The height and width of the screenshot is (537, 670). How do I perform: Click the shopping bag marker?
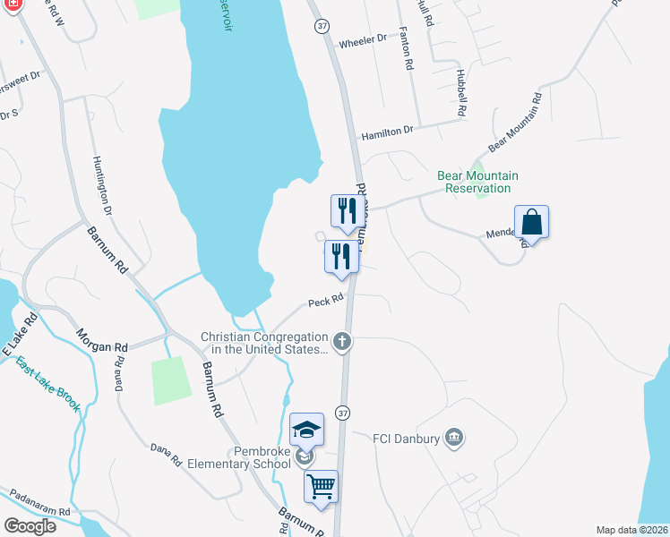[x=531, y=223]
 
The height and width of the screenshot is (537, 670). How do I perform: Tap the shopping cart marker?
[x=321, y=488]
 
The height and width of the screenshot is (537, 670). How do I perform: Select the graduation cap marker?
[x=306, y=430]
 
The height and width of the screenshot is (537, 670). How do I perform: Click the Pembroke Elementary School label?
[x=237, y=457]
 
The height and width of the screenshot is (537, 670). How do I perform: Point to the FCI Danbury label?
[x=407, y=438]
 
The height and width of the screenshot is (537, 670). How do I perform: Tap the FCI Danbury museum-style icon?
[x=455, y=437]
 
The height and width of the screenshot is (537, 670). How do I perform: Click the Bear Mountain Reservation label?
[x=477, y=183]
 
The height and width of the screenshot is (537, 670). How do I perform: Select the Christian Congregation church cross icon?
[x=341, y=341]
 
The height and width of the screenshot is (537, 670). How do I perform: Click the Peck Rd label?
[x=326, y=302]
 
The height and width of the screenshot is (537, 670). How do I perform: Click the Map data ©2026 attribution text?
[x=631, y=530]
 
